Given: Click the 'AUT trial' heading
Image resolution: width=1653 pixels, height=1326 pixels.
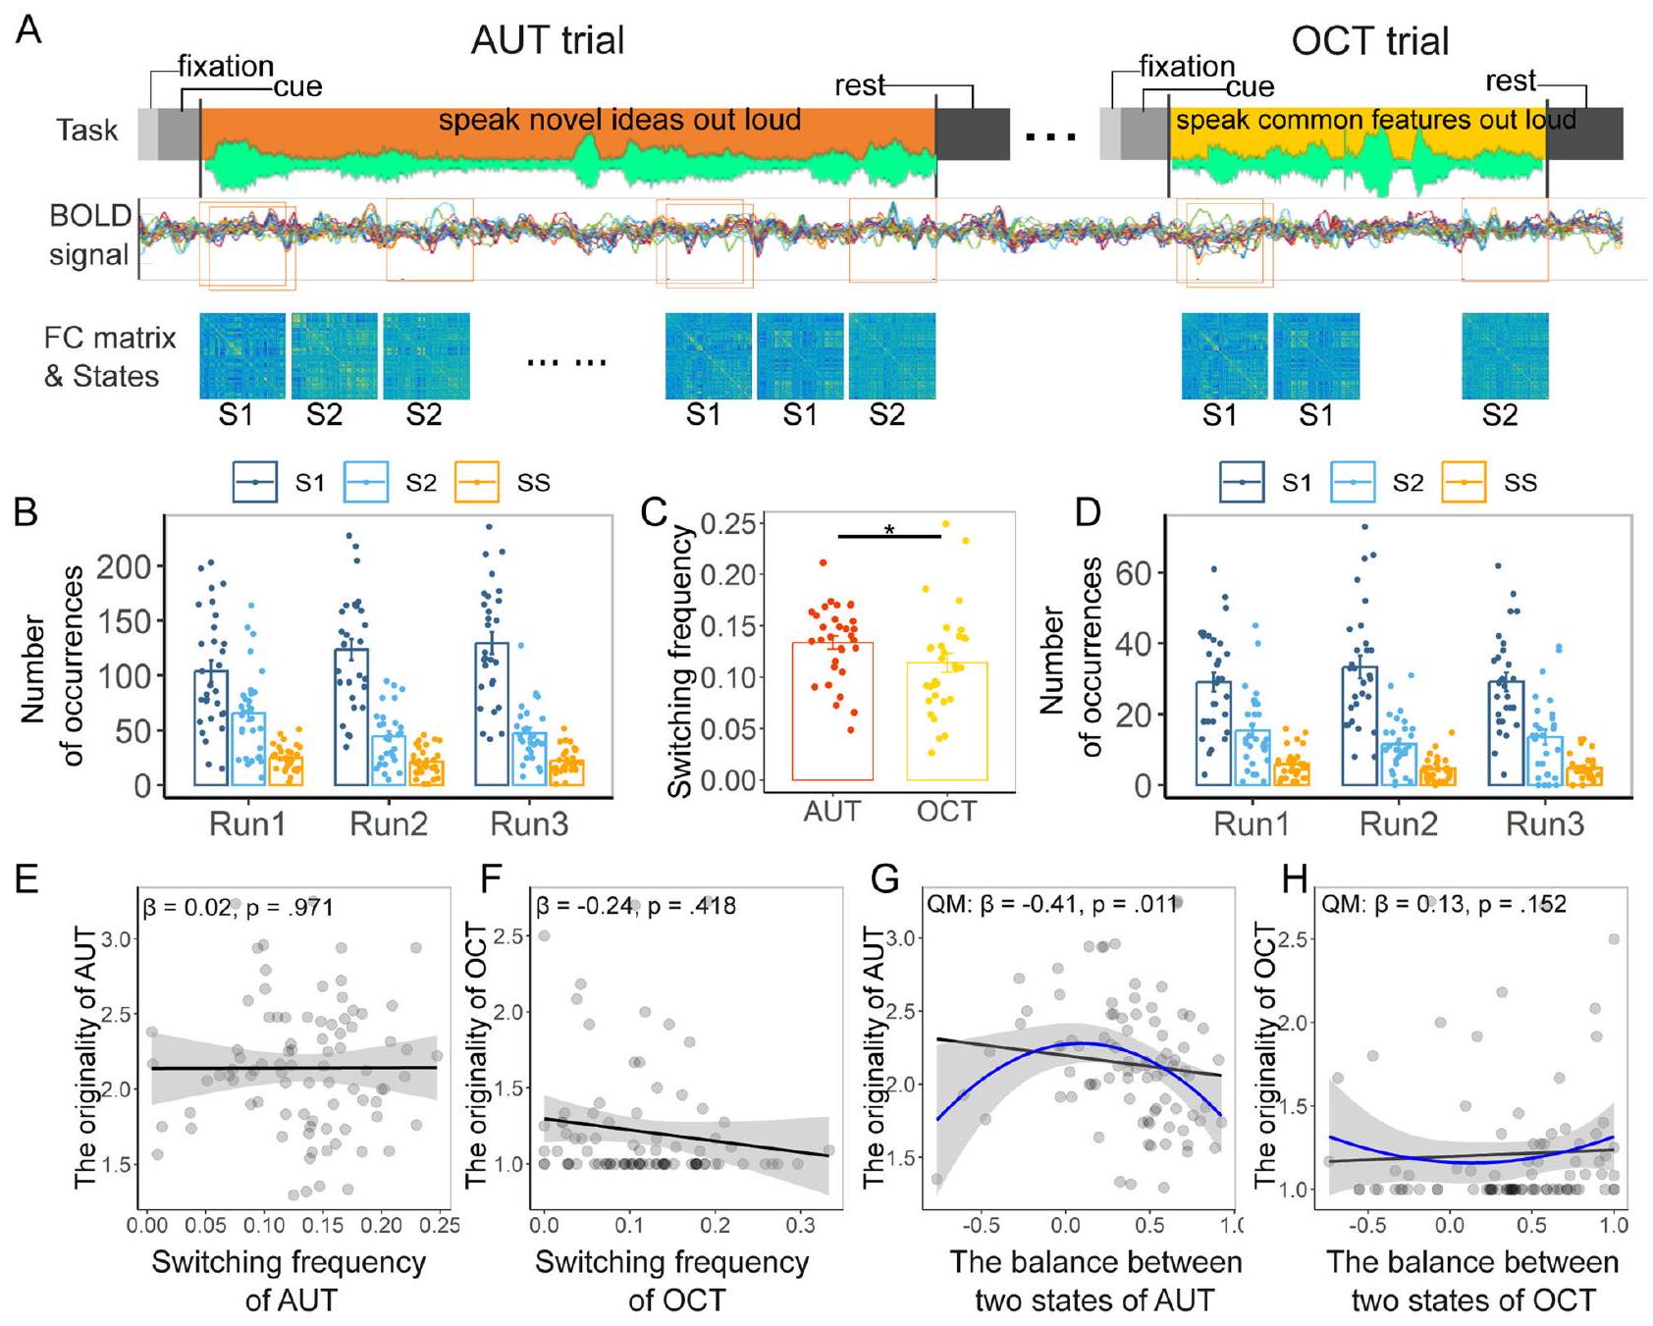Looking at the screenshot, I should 548,40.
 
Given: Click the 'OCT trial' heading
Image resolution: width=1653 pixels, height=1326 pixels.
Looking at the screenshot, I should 1369,41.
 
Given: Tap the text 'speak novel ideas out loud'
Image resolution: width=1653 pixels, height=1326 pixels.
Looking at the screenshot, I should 619,121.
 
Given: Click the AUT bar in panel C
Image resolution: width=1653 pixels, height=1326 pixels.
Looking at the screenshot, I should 832,711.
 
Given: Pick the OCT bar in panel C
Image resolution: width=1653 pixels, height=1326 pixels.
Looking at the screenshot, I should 946,720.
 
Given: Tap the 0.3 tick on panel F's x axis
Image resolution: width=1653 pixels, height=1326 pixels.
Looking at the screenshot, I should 801,1225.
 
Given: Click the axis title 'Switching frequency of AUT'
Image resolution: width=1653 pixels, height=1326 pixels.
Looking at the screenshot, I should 290,1280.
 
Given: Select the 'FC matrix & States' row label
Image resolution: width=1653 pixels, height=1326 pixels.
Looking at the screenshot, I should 109,356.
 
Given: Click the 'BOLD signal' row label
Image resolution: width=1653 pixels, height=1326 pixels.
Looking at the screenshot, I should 89,236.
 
